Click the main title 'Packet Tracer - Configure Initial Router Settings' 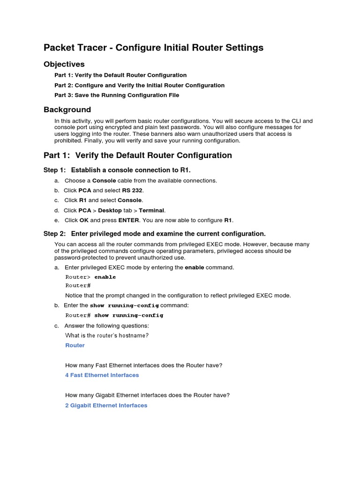click(x=153, y=48)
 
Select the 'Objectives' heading click(x=64, y=64)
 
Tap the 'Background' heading click(x=67, y=109)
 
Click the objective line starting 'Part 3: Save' click(x=117, y=95)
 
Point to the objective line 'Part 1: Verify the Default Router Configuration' click(x=120, y=75)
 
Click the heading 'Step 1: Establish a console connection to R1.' click(x=117, y=170)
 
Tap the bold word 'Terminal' click(x=151, y=210)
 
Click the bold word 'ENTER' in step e click(x=128, y=220)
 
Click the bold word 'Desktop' click(x=110, y=210)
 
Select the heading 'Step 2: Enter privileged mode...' click(x=154, y=233)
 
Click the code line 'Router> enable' click(x=90, y=277)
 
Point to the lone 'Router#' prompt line click(x=78, y=285)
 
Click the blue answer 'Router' click(x=75, y=345)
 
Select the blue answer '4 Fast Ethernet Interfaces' click(x=102, y=375)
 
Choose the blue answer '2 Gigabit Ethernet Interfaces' click(x=106, y=406)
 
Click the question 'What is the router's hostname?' click(x=107, y=335)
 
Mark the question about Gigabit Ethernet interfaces click(x=147, y=395)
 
